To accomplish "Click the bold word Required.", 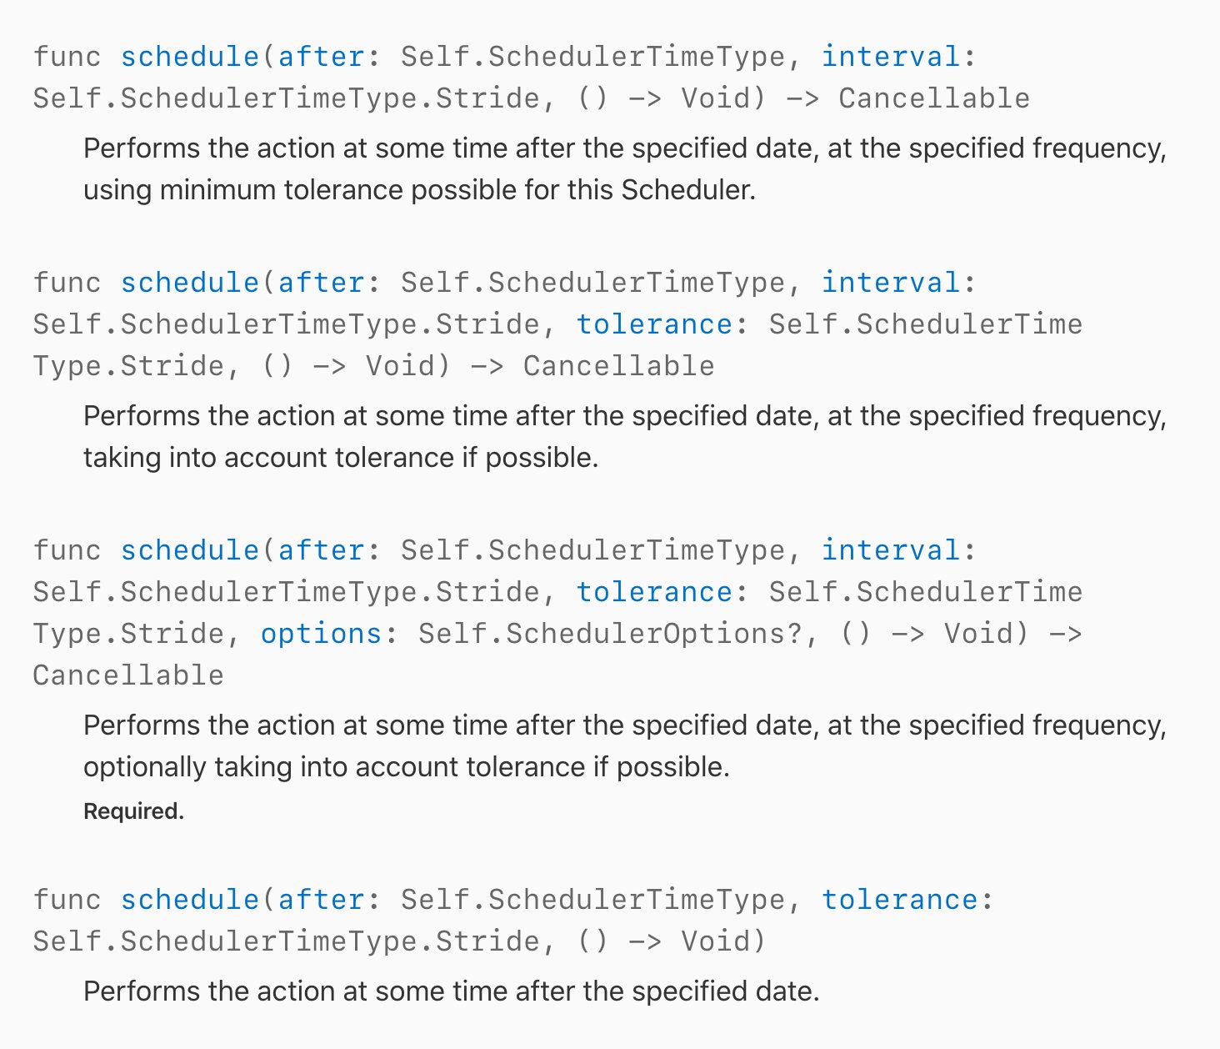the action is [x=134, y=811].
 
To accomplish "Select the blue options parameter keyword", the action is [x=321, y=634].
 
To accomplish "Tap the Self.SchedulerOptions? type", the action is [x=610, y=633].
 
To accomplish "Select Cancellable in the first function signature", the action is [x=934, y=98].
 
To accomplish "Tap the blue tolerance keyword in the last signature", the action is [x=900, y=900].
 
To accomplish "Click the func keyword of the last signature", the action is [x=67, y=899].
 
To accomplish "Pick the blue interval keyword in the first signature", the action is [x=891, y=57].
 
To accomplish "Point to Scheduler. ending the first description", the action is [x=688, y=190].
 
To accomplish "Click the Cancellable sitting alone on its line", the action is [x=128, y=675].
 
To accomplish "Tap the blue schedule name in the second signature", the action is [x=190, y=283].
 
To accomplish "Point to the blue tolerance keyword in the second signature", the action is [x=654, y=324].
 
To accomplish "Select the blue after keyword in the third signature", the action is [x=321, y=550].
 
